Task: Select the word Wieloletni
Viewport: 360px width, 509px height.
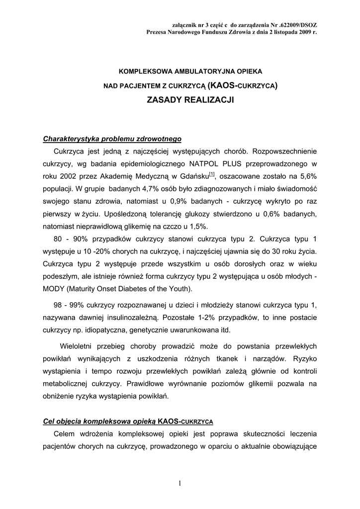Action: tap(79, 346)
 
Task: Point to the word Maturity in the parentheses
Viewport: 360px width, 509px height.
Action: tap(91, 289)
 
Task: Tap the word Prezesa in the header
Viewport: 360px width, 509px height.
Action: tap(158, 31)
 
